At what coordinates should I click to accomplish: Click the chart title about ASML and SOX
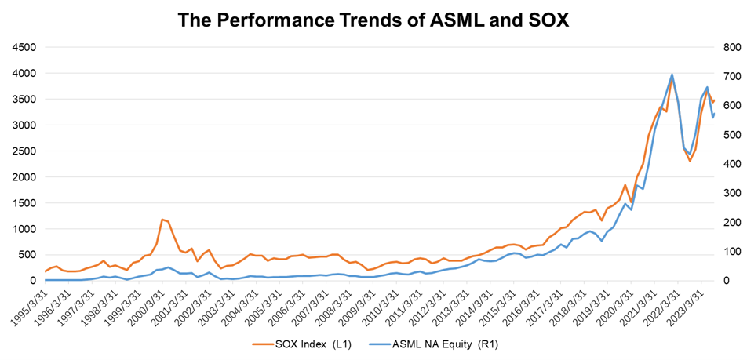(373, 20)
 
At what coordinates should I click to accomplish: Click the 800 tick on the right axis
(731, 47)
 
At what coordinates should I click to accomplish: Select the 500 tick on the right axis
(731, 135)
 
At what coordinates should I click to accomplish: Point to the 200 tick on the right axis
(731, 222)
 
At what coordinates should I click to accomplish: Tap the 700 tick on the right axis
(731, 76)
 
